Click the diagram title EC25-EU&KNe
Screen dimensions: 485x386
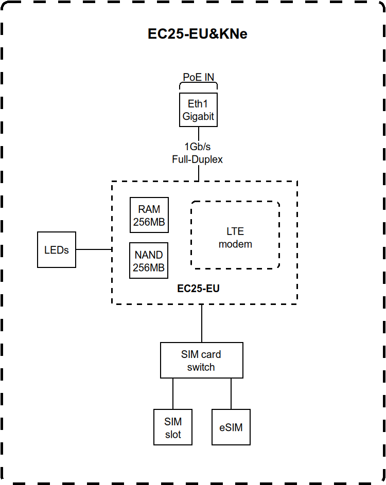(198, 34)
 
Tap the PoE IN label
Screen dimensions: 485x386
(198, 77)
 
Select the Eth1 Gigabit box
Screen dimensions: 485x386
(198, 110)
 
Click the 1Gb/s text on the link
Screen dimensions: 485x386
(198, 148)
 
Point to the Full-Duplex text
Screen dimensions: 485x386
(198, 159)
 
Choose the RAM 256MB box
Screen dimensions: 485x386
(149, 215)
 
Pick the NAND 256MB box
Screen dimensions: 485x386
(149, 261)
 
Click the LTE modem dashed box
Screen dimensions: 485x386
(235, 235)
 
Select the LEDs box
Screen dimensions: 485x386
(57, 249)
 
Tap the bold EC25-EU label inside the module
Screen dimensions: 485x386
(198, 289)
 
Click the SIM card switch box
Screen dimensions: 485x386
(201, 361)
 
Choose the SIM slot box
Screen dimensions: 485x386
(173, 427)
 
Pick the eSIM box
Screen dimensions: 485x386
(231, 427)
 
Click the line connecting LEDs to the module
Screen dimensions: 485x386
(94, 249)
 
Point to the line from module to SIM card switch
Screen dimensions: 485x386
(202, 323)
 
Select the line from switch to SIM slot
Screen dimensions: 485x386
(173, 393)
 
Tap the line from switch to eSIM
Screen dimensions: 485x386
(231, 393)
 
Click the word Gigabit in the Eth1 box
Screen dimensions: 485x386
(198, 117)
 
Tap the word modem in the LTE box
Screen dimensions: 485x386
(235, 244)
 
